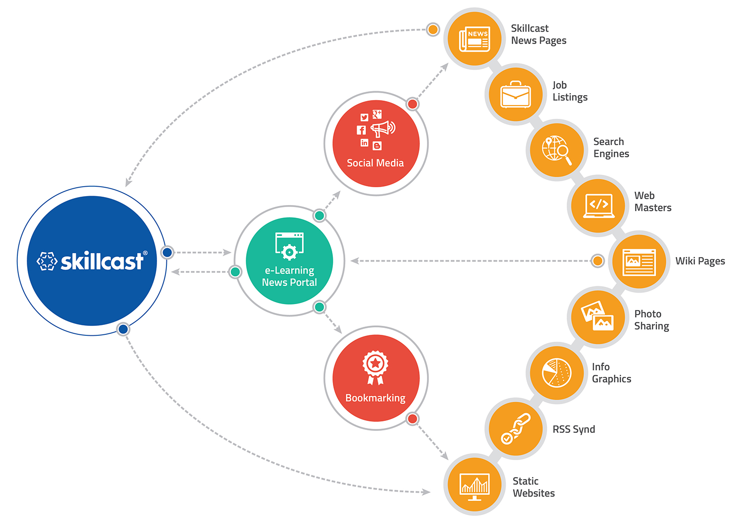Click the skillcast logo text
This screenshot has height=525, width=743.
point(102,261)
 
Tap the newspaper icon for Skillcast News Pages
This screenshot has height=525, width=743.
point(474,39)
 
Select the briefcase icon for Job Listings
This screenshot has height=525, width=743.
point(515,95)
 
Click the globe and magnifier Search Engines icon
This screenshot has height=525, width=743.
point(556,150)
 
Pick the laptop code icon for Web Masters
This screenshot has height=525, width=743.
point(598,205)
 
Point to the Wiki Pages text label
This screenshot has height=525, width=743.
point(700,261)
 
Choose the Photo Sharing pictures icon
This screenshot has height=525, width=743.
point(597,317)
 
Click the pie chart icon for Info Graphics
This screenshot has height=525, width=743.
point(556,373)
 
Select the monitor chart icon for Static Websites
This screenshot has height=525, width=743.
point(474,485)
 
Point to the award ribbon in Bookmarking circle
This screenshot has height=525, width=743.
point(375,367)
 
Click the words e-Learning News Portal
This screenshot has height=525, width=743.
point(289,276)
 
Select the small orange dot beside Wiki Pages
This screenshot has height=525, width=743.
point(598,261)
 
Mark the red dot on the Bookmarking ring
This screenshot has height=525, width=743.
point(412,419)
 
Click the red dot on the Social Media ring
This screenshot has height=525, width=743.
point(412,104)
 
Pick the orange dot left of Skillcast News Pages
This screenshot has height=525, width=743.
point(433,29)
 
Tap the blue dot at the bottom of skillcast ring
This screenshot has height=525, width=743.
point(123,329)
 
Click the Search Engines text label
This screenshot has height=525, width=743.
point(611,148)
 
